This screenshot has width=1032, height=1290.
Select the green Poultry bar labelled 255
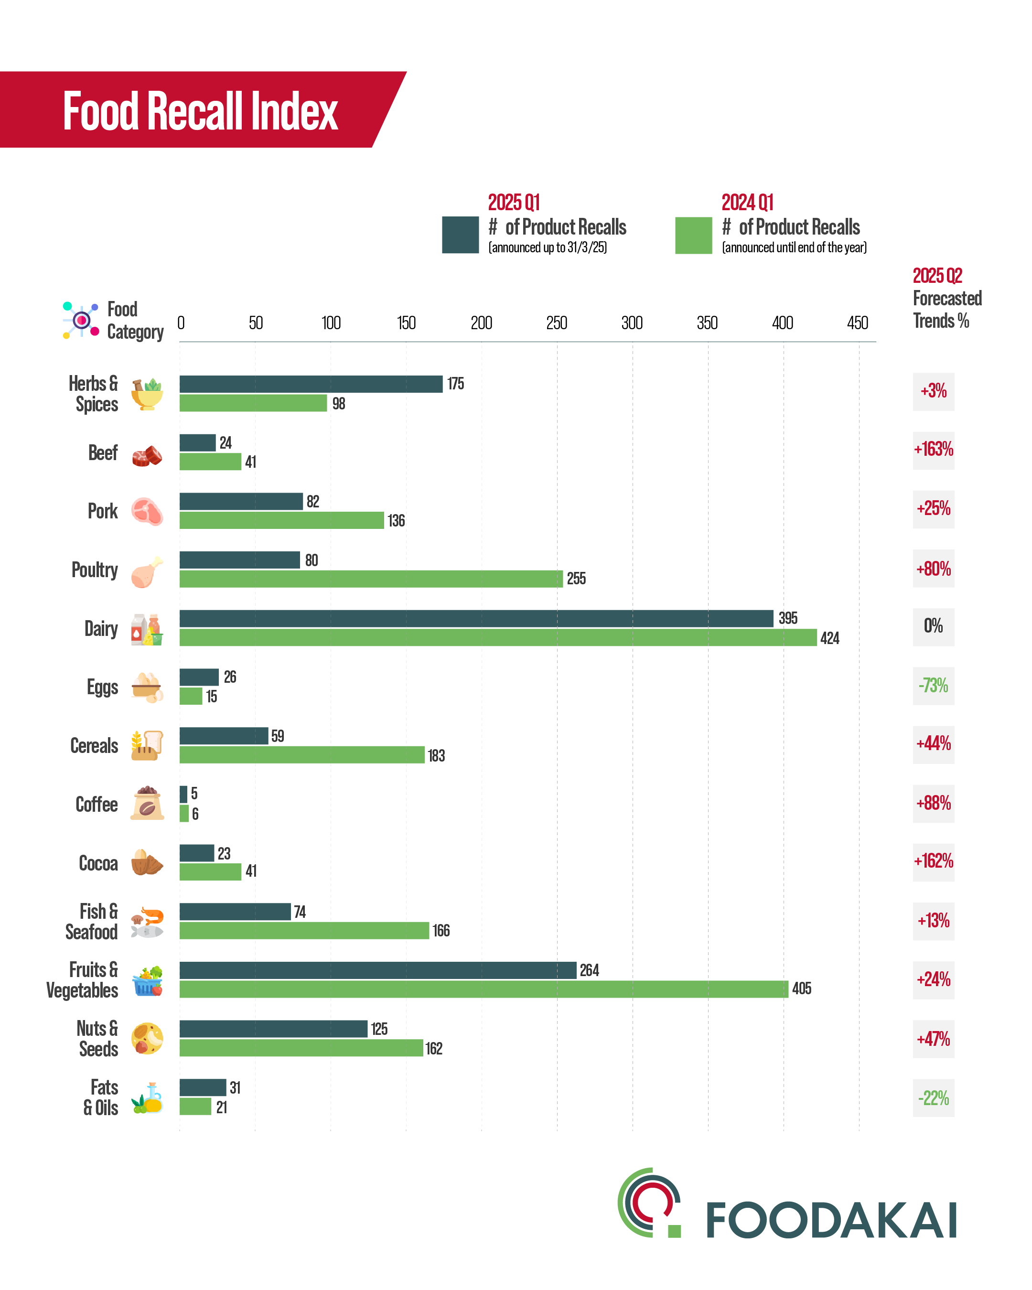(x=371, y=579)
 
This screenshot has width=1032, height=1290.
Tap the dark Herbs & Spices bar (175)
(x=311, y=384)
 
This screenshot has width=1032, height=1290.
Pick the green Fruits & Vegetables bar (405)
(x=484, y=989)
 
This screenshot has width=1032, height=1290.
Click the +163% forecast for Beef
(x=933, y=449)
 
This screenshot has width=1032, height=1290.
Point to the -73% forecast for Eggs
(x=933, y=685)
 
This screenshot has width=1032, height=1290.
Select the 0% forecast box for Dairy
(x=933, y=626)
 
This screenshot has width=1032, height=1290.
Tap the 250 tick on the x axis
(x=557, y=323)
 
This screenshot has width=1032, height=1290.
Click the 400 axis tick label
(x=782, y=323)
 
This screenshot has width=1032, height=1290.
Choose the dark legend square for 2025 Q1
(x=460, y=235)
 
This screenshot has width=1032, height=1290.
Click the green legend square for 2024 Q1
(x=693, y=235)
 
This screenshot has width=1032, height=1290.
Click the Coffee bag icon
(x=147, y=804)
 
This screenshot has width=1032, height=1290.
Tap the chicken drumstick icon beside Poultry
(x=147, y=571)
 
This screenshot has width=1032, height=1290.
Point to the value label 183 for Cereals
(x=436, y=756)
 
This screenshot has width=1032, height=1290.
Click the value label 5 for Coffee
(x=194, y=794)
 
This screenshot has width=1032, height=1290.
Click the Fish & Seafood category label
(x=92, y=922)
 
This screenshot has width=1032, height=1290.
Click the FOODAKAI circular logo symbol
(x=650, y=1203)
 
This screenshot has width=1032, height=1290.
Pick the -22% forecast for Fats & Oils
(x=933, y=1098)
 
